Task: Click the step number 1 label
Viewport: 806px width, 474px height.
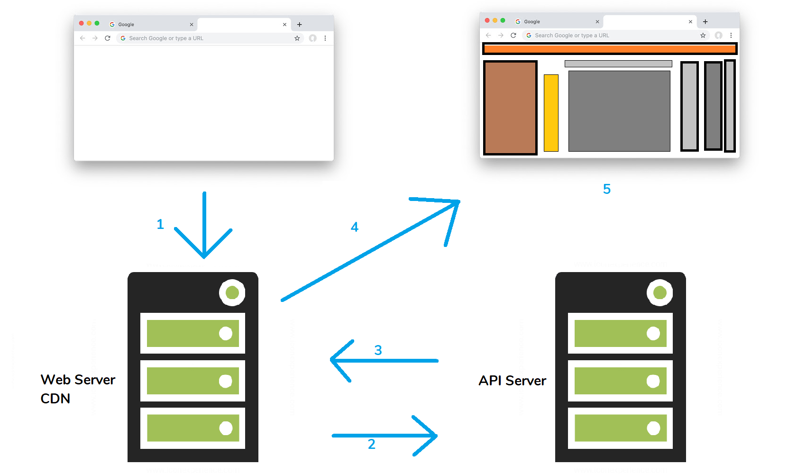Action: coord(160,224)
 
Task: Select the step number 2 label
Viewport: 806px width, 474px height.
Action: coord(372,444)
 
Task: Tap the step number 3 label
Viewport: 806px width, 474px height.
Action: coord(378,350)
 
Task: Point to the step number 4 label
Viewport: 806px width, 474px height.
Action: coord(355,227)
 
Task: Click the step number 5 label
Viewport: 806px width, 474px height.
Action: coord(607,189)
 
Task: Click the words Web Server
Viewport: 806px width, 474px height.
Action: coord(78,380)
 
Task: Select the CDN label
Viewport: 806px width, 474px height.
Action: coord(55,399)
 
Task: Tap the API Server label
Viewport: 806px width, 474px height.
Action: coord(512,381)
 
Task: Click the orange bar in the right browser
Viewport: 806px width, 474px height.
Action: coord(609,48)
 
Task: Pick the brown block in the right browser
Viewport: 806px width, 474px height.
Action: coord(510,108)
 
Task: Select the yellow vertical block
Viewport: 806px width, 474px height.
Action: coord(551,113)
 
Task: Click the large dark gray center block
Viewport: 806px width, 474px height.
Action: coord(619,111)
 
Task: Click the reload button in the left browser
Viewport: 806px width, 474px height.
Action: coord(108,38)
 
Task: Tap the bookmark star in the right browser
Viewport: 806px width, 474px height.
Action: coord(703,36)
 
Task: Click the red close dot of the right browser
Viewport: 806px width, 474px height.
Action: coord(487,20)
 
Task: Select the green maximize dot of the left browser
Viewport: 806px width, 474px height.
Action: coord(97,23)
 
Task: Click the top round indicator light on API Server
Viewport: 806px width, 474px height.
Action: coord(659,292)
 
